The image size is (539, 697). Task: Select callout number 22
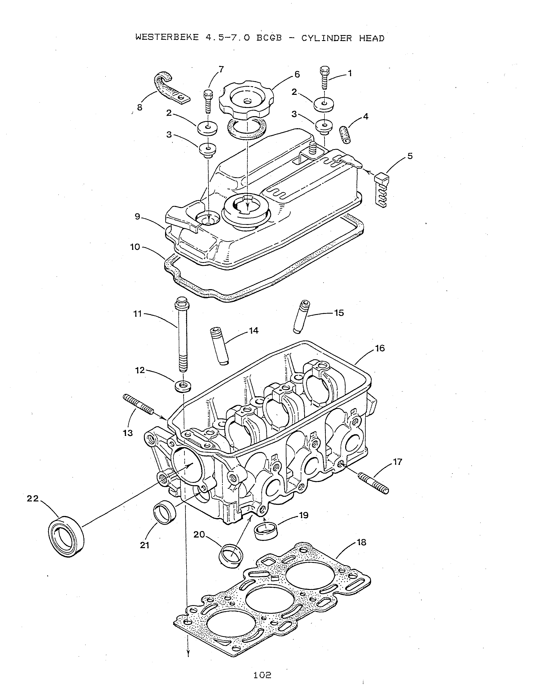pyautogui.click(x=33, y=498)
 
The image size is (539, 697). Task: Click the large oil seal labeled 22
pyautogui.click(x=66, y=536)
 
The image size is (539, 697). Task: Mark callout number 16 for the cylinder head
pyautogui.click(x=380, y=348)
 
